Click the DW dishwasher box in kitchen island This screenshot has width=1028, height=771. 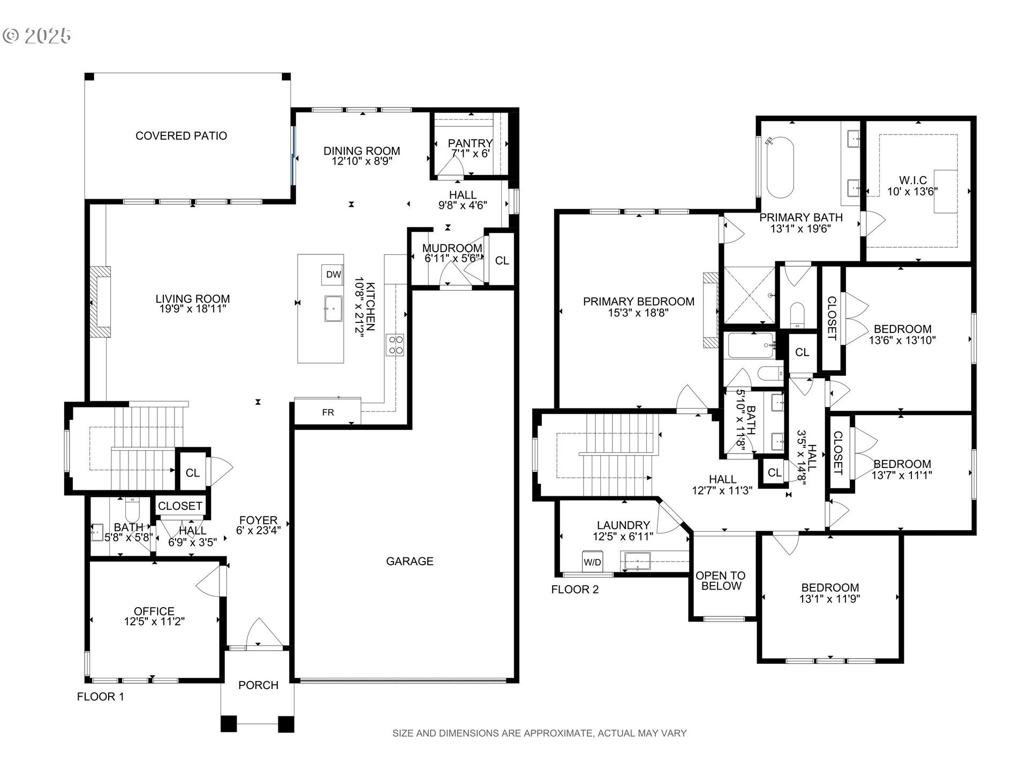pyautogui.click(x=333, y=275)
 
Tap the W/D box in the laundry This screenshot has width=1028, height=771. pyautogui.click(x=592, y=562)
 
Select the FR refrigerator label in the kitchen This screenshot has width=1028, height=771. pyautogui.click(x=328, y=412)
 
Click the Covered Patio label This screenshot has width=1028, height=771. pyautogui.click(x=181, y=136)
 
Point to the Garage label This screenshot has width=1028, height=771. pyautogui.click(x=410, y=561)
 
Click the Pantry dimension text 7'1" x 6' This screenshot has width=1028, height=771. pyautogui.click(x=470, y=154)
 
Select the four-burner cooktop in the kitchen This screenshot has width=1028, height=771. pyautogui.click(x=396, y=345)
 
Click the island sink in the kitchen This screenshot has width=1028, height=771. pyautogui.click(x=334, y=309)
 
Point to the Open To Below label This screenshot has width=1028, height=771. pyautogui.click(x=721, y=581)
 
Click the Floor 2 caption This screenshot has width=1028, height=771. pyautogui.click(x=575, y=589)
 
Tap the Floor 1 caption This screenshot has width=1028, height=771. pyautogui.click(x=100, y=697)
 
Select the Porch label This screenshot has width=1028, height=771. pyautogui.click(x=258, y=685)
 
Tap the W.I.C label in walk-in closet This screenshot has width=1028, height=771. pyautogui.click(x=913, y=180)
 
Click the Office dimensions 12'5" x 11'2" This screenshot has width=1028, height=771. pyautogui.click(x=154, y=622)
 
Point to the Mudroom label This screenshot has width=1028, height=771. pyautogui.click(x=452, y=248)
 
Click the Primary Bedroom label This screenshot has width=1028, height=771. pyautogui.click(x=638, y=301)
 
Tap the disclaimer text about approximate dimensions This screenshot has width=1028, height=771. pyautogui.click(x=539, y=734)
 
